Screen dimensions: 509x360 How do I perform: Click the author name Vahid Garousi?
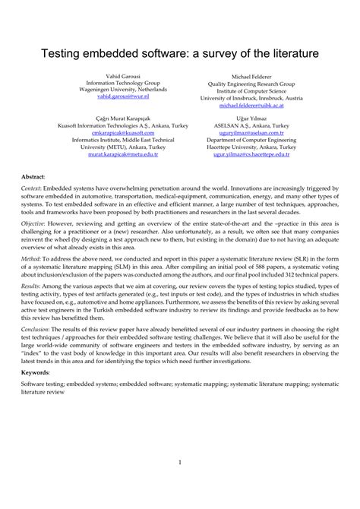point(112,77)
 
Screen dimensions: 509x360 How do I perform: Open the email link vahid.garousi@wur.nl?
point(112,97)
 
